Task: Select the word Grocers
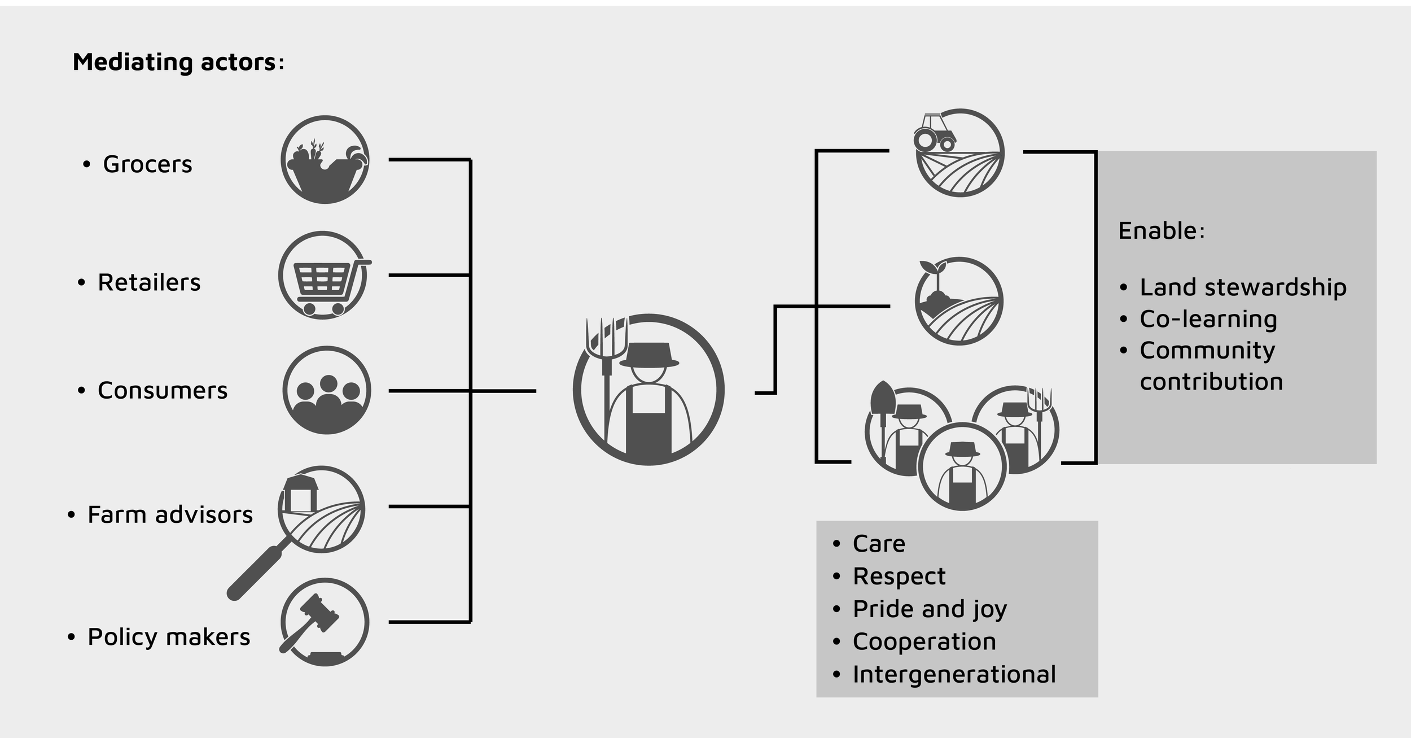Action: click(x=147, y=164)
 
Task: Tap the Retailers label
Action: click(x=149, y=282)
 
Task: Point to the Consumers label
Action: click(x=163, y=390)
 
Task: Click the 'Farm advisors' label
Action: click(x=170, y=514)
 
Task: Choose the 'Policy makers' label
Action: click(x=169, y=637)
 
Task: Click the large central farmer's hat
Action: click(x=649, y=356)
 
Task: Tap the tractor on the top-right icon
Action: click(x=934, y=133)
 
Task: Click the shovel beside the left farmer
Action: click(x=882, y=401)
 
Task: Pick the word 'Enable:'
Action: click(x=1162, y=231)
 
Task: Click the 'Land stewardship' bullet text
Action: click(x=1243, y=287)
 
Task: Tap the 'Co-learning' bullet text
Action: click(x=1208, y=319)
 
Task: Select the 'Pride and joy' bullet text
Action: click(x=930, y=609)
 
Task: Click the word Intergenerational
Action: click(x=954, y=674)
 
